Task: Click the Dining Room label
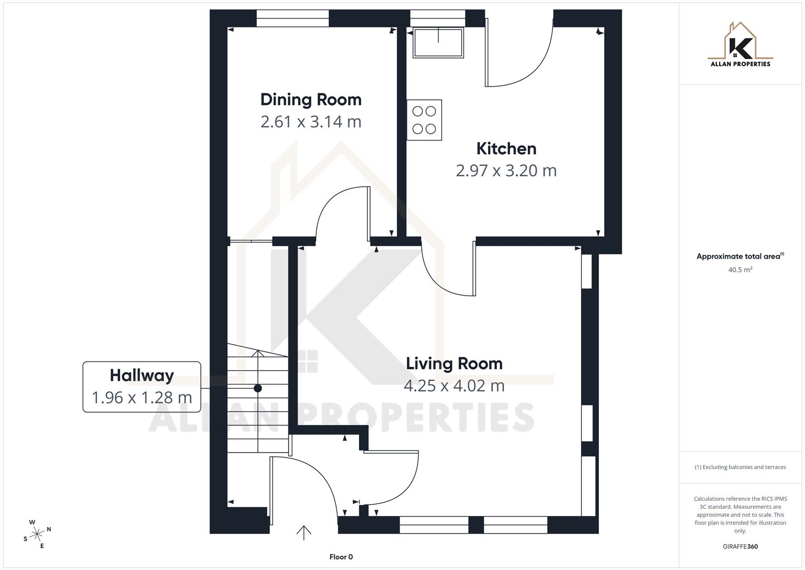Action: click(311, 100)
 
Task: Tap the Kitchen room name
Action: click(506, 149)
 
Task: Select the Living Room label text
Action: click(454, 364)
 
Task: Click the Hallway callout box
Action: click(142, 386)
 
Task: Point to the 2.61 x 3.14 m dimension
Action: click(311, 122)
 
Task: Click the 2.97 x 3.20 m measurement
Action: click(506, 171)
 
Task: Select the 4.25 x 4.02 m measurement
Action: click(454, 386)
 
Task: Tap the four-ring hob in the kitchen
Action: click(424, 120)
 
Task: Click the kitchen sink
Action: click(438, 42)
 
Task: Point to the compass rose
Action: click(37, 534)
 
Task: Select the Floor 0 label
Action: click(341, 557)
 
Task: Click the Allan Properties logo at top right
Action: click(740, 45)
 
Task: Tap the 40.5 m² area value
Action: click(740, 270)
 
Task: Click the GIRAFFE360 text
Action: click(740, 547)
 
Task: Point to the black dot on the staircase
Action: click(258, 388)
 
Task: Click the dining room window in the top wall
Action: click(293, 18)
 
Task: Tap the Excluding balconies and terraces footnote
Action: click(740, 467)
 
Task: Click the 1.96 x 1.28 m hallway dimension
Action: click(142, 397)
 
